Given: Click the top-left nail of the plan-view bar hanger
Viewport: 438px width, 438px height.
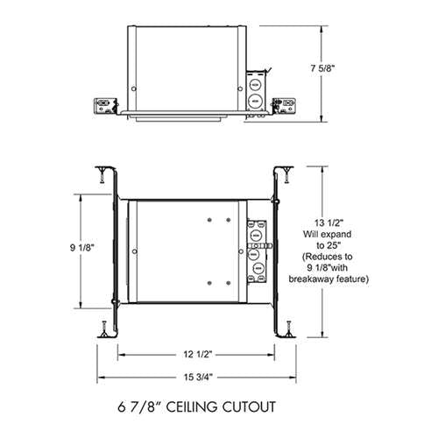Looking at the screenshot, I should tap(103, 169).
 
